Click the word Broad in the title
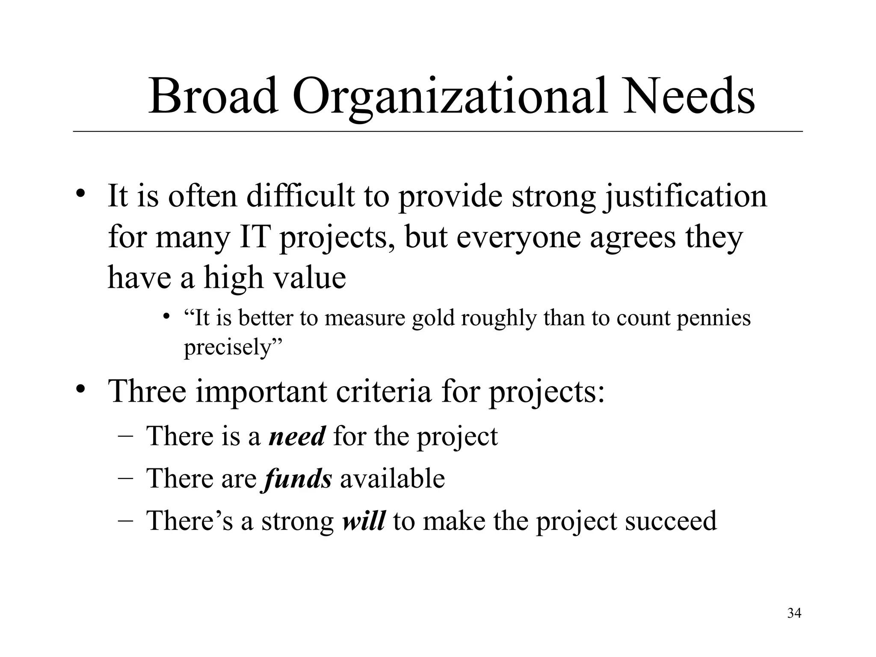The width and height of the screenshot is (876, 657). click(213, 96)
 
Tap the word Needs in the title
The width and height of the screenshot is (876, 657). click(688, 96)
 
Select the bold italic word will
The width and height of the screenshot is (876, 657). click(364, 521)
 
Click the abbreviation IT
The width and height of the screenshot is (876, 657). click(255, 238)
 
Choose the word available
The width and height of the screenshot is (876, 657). click(392, 479)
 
